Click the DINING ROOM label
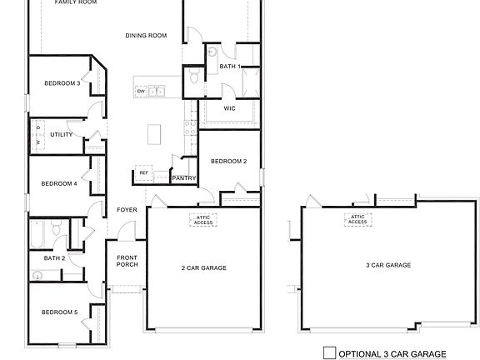pos(146,36)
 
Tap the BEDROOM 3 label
pos(62,83)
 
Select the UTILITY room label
pos(62,134)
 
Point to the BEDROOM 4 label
pos(59,183)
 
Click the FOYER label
pos(127,210)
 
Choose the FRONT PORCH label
pos(127,261)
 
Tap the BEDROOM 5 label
pos(59,312)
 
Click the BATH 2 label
pos(54,258)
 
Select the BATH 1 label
pos(230,66)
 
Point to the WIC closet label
pos(230,108)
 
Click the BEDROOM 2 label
pos(228,161)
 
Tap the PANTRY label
pos(183,177)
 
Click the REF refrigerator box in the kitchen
pos(143,173)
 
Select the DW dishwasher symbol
pos(141,91)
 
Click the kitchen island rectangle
pos(153,133)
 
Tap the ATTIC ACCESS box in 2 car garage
pos(203,220)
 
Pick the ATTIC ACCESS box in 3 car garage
pos(357,219)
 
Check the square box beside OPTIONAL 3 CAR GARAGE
pos(328,352)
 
